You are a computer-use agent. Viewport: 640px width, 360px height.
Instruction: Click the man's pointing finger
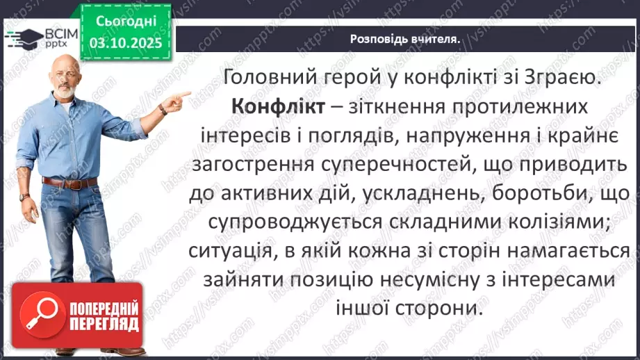tap(186, 92)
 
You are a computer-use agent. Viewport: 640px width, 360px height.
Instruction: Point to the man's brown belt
tap(69, 182)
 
